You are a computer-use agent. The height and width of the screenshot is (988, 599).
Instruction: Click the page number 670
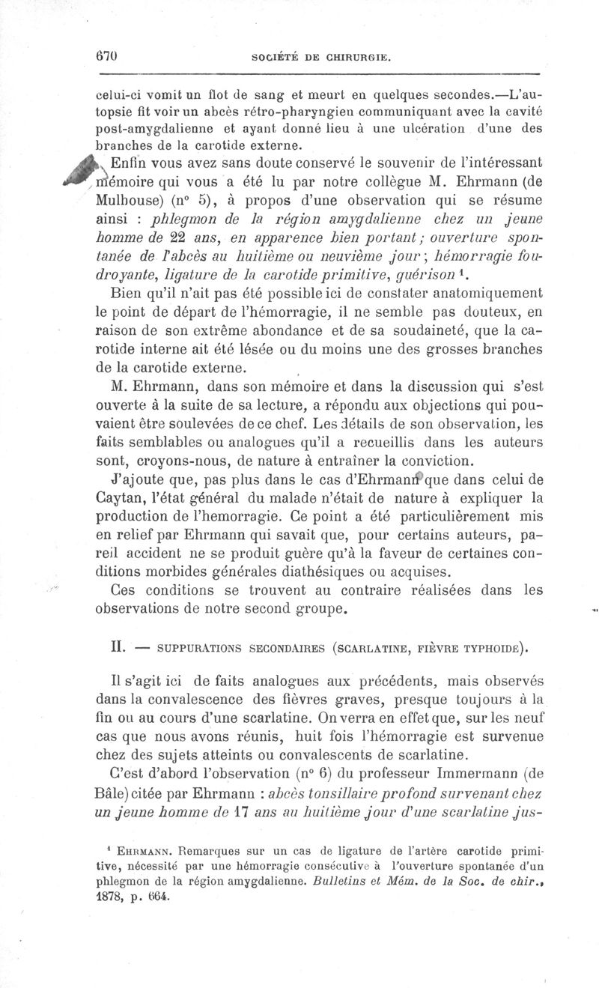[x=109, y=56]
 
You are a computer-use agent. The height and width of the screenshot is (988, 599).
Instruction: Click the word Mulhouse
[x=125, y=202]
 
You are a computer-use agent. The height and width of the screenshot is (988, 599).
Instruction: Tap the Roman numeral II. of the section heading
[x=108, y=644]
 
